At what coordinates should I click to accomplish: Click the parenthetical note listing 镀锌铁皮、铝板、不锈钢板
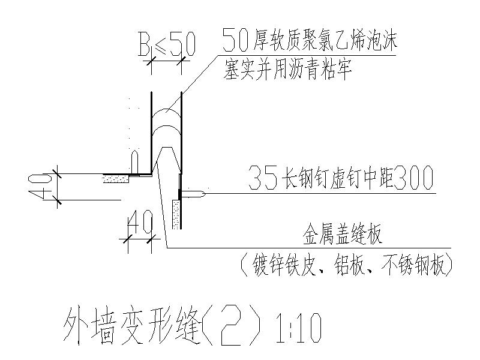(x=346, y=264)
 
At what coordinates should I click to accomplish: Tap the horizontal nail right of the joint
(x=196, y=194)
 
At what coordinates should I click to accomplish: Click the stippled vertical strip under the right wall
(x=175, y=215)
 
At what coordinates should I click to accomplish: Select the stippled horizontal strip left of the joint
(x=116, y=178)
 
